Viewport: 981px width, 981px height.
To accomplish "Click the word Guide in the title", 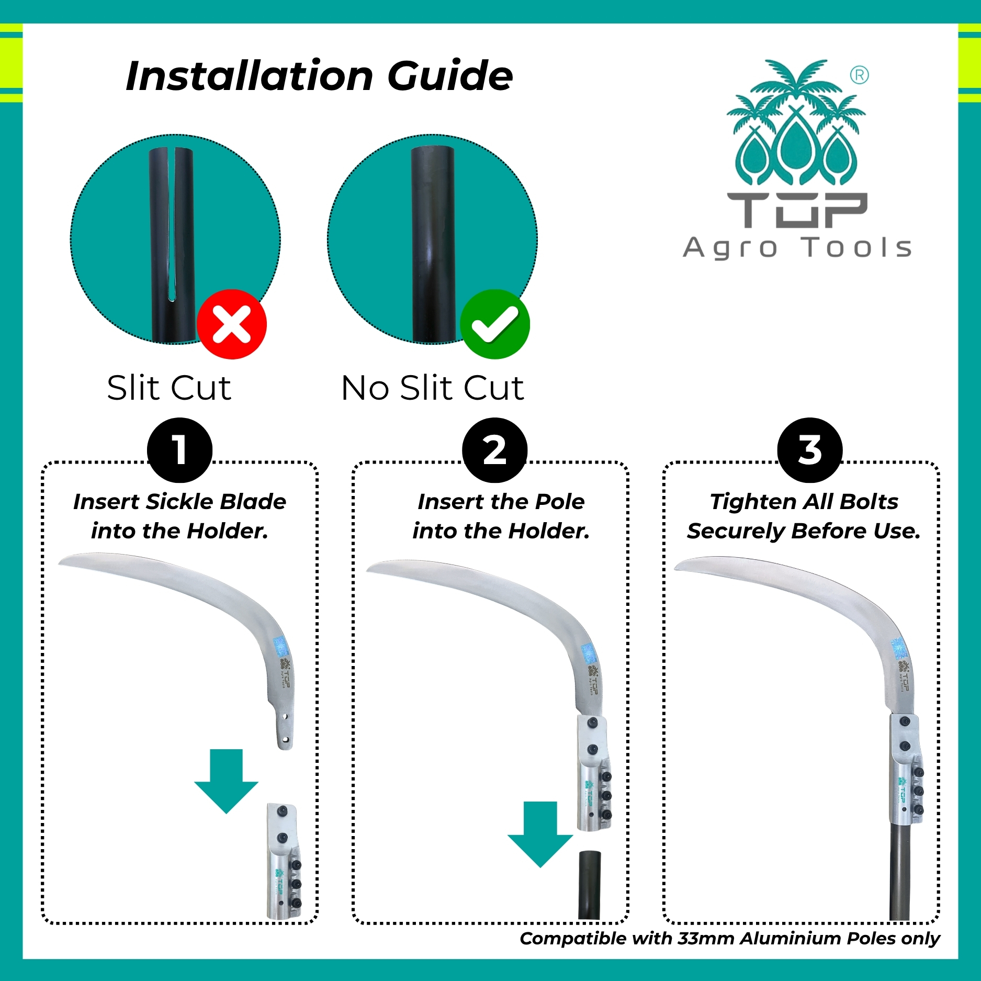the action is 450,76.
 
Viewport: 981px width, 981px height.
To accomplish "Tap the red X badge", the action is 232,324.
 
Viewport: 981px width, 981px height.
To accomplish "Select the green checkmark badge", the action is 495,324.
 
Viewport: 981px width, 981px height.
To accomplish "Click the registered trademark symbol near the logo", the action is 859,75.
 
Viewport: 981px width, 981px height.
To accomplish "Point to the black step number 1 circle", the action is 180,450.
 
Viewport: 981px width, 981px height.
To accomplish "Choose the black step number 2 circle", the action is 495,450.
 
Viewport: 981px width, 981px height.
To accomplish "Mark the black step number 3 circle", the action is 810,450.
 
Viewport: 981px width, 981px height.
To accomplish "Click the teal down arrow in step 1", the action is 227,781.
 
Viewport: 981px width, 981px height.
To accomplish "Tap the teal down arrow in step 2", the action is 540,834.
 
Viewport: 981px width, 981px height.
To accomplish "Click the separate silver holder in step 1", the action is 284,861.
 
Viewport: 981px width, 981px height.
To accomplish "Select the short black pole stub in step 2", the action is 589,885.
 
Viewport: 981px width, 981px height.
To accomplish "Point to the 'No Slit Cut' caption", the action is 433,388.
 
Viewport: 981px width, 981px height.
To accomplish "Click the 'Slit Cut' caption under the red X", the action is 169,388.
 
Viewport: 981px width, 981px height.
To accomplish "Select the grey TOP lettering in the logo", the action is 797,210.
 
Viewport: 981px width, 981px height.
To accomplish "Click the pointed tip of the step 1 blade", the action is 59,562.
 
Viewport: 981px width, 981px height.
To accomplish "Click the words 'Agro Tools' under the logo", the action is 797,247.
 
